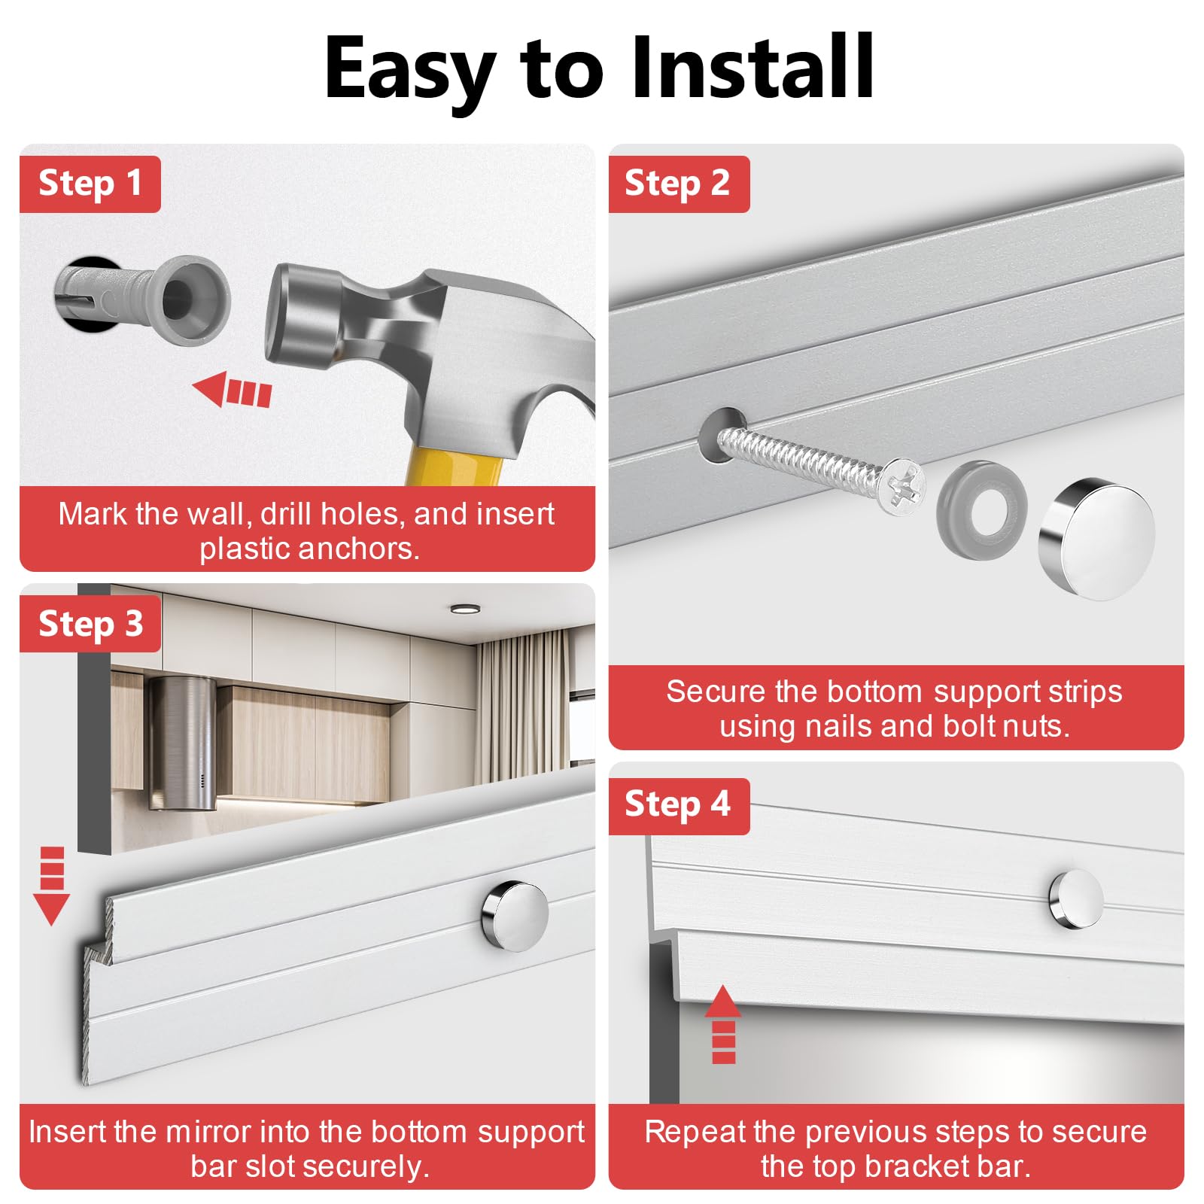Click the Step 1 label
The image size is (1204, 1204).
click(x=90, y=184)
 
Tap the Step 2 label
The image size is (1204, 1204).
click(x=678, y=184)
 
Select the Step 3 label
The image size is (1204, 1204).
click(x=90, y=624)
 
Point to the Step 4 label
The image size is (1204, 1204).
click(x=678, y=805)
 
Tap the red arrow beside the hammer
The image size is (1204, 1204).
click(x=232, y=391)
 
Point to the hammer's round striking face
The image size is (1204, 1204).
click(x=290, y=316)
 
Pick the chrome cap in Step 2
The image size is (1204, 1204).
click(x=1096, y=539)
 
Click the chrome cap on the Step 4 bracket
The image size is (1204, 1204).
click(x=1075, y=899)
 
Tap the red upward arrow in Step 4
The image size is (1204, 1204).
click(x=723, y=1024)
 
